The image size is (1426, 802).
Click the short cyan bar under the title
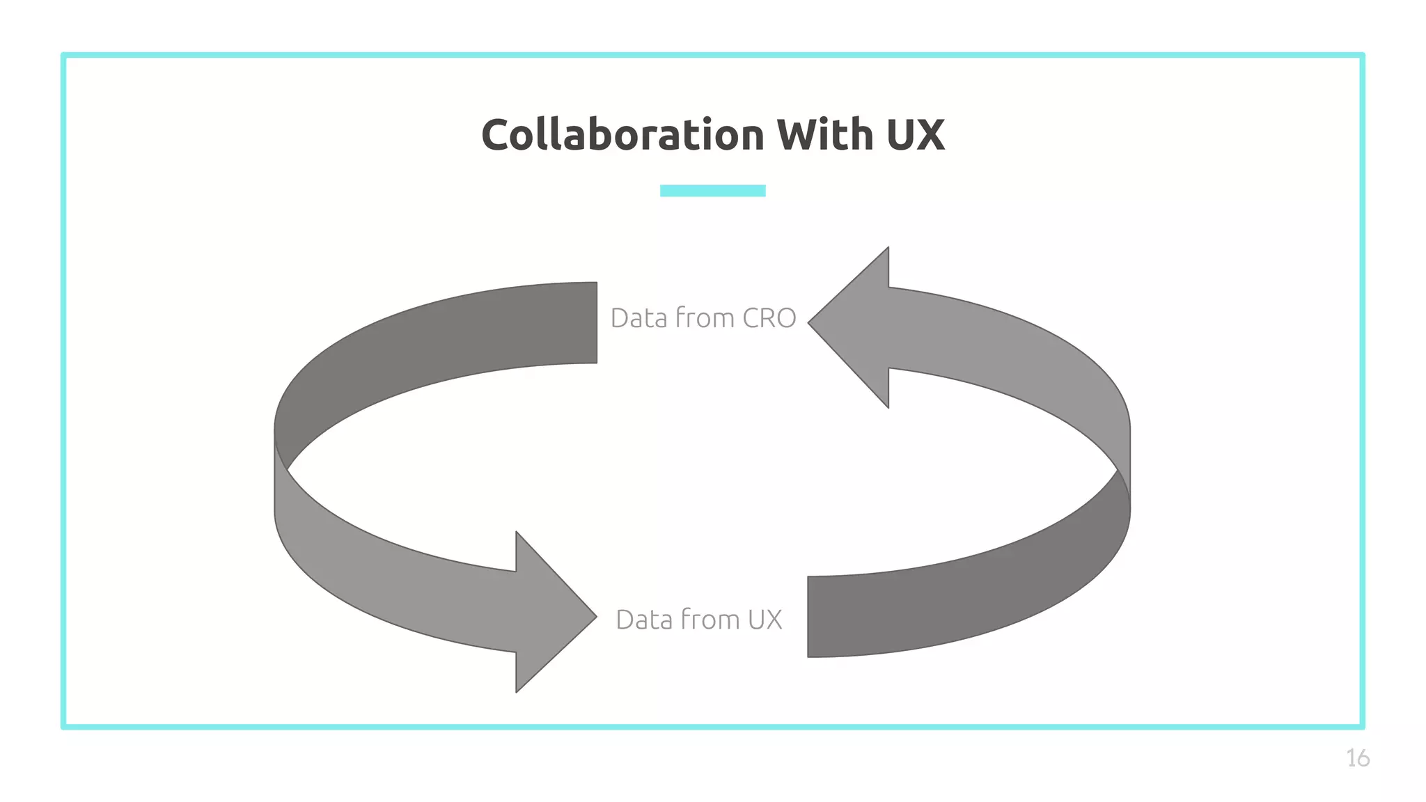(712, 191)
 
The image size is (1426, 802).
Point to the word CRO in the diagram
(769, 318)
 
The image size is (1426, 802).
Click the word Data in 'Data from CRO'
(638, 318)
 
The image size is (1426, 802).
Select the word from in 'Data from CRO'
(705, 317)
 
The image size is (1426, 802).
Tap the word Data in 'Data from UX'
(644, 620)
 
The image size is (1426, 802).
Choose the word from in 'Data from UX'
(710, 619)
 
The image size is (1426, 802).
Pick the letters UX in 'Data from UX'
(765, 620)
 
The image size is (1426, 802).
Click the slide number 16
(1357, 758)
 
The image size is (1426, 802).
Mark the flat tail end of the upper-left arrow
(588, 323)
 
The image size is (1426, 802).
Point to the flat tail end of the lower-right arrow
(816, 616)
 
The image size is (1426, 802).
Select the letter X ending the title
(930, 135)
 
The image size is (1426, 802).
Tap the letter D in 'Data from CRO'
(620, 318)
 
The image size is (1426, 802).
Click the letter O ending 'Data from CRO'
(785, 318)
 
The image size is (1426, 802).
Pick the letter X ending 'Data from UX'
(774, 620)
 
